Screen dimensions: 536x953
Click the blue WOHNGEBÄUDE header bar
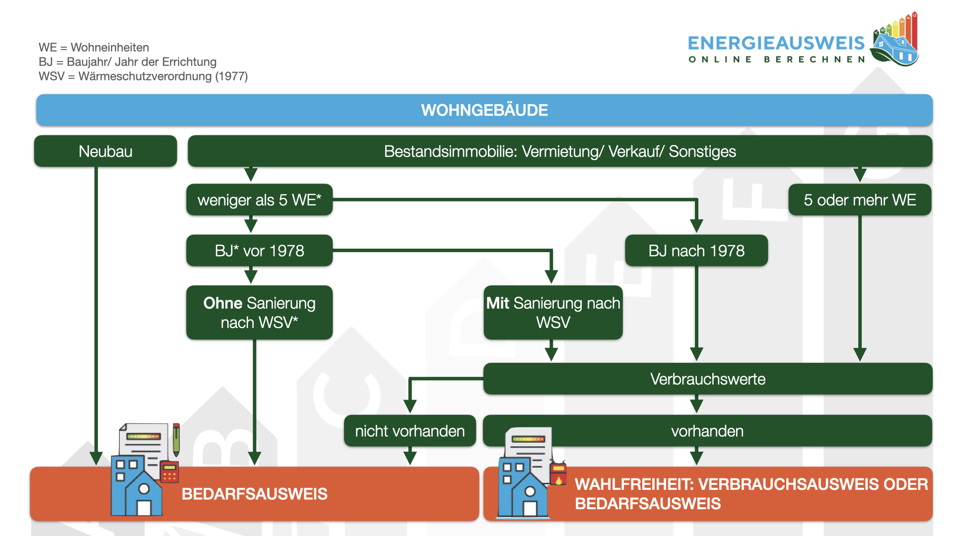tap(484, 110)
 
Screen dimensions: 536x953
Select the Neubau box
tap(105, 151)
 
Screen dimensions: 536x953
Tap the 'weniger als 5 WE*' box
tap(259, 200)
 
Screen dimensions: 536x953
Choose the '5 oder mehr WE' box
tap(860, 200)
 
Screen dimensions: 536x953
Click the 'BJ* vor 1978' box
tap(259, 251)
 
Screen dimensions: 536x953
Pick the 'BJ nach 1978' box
tap(696, 251)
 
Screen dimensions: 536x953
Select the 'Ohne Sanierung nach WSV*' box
tap(259, 313)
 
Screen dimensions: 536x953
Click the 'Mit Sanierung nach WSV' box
tap(553, 313)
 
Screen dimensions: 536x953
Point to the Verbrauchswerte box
tap(708, 379)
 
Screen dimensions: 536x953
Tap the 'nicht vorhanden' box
tap(410, 431)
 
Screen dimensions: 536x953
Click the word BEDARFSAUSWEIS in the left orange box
tap(254, 494)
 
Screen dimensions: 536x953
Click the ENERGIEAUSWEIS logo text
tap(776, 44)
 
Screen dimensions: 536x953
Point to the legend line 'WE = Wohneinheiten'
tap(94, 48)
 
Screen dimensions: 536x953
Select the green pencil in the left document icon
tap(176, 440)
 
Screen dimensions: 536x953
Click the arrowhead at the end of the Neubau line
tap(96, 458)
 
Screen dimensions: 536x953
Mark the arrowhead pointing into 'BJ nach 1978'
tap(697, 226)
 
